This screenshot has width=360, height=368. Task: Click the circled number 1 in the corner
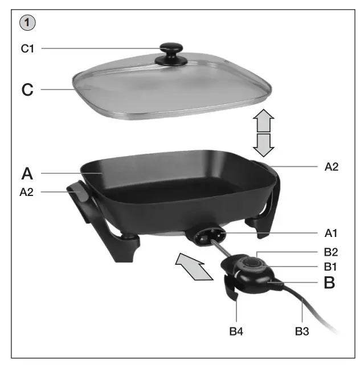click(28, 23)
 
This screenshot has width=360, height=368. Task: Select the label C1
click(28, 49)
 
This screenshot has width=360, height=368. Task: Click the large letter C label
click(27, 90)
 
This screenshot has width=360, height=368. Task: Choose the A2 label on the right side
click(332, 167)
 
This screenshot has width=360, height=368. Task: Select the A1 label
click(332, 232)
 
